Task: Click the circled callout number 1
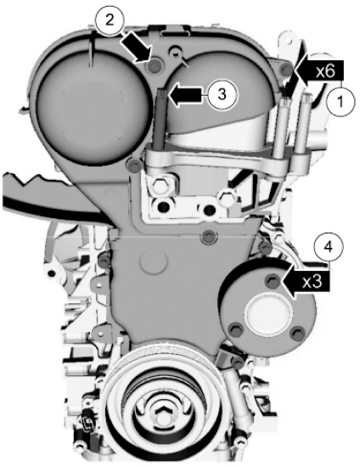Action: [340, 101]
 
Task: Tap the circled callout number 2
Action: [110, 20]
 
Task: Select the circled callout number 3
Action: [222, 94]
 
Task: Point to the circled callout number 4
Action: [329, 248]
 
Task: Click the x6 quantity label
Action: [325, 71]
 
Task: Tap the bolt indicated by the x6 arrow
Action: [286, 70]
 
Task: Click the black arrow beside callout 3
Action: [188, 95]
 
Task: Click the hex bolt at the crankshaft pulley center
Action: [163, 414]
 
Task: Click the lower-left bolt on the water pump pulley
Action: [234, 329]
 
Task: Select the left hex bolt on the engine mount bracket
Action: [160, 186]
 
